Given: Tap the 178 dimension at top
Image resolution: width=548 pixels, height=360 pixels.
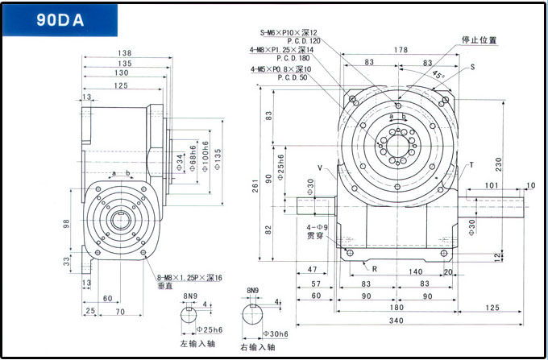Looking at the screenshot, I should (400, 50).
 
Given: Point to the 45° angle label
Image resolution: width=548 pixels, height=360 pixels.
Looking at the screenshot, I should (438, 74).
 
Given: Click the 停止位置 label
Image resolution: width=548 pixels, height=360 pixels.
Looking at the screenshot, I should (479, 39).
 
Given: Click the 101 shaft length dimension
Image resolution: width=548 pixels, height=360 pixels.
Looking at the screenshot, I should (491, 185).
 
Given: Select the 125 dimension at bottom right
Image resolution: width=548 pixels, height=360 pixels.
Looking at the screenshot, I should (493, 308).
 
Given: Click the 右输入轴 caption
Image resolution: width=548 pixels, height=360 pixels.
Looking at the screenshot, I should (258, 347).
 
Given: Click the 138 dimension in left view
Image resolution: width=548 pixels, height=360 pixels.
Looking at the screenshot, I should (124, 53).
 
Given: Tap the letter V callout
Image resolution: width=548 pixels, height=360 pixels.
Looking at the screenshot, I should (321, 168).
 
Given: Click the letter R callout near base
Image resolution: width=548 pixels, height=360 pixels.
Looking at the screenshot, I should (375, 267).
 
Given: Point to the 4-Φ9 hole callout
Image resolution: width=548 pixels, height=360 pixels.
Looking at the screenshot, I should (316, 228).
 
